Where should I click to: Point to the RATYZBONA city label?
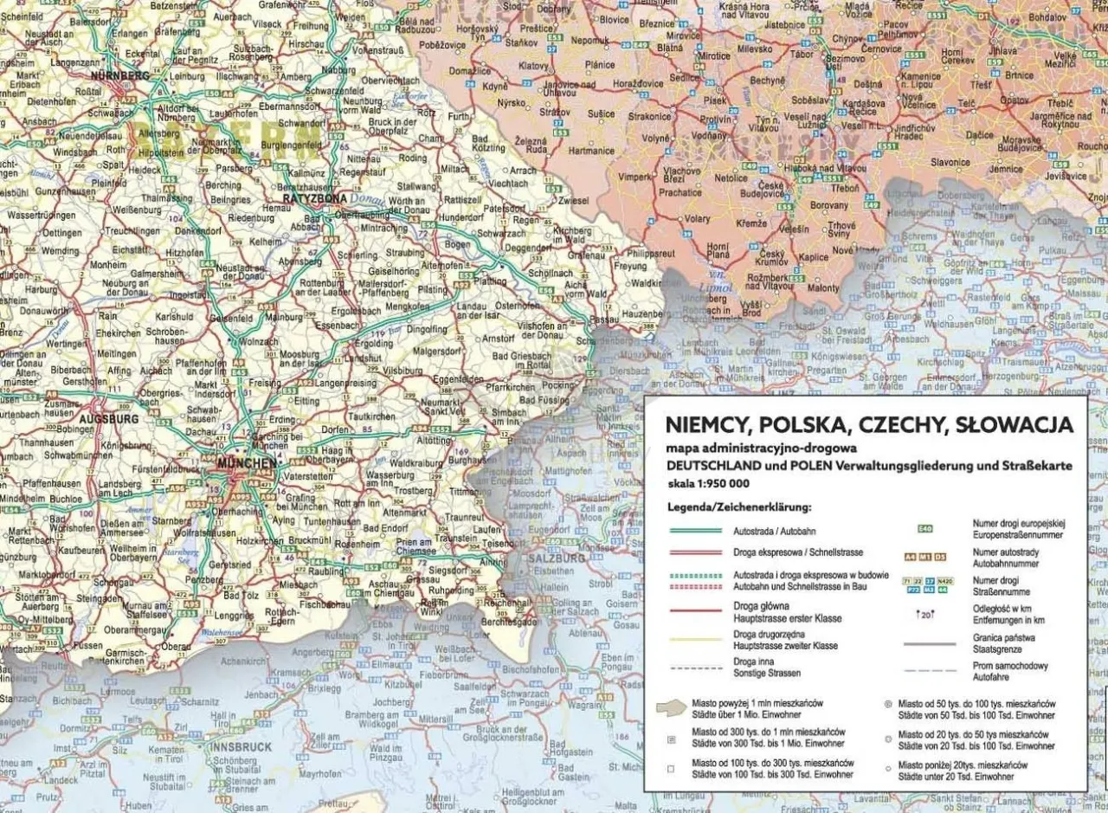click(307, 197)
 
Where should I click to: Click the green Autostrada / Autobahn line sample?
click(695, 530)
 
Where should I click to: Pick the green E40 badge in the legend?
click(924, 527)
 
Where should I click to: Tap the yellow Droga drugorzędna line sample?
click(695, 640)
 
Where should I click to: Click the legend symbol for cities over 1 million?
click(671, 707)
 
